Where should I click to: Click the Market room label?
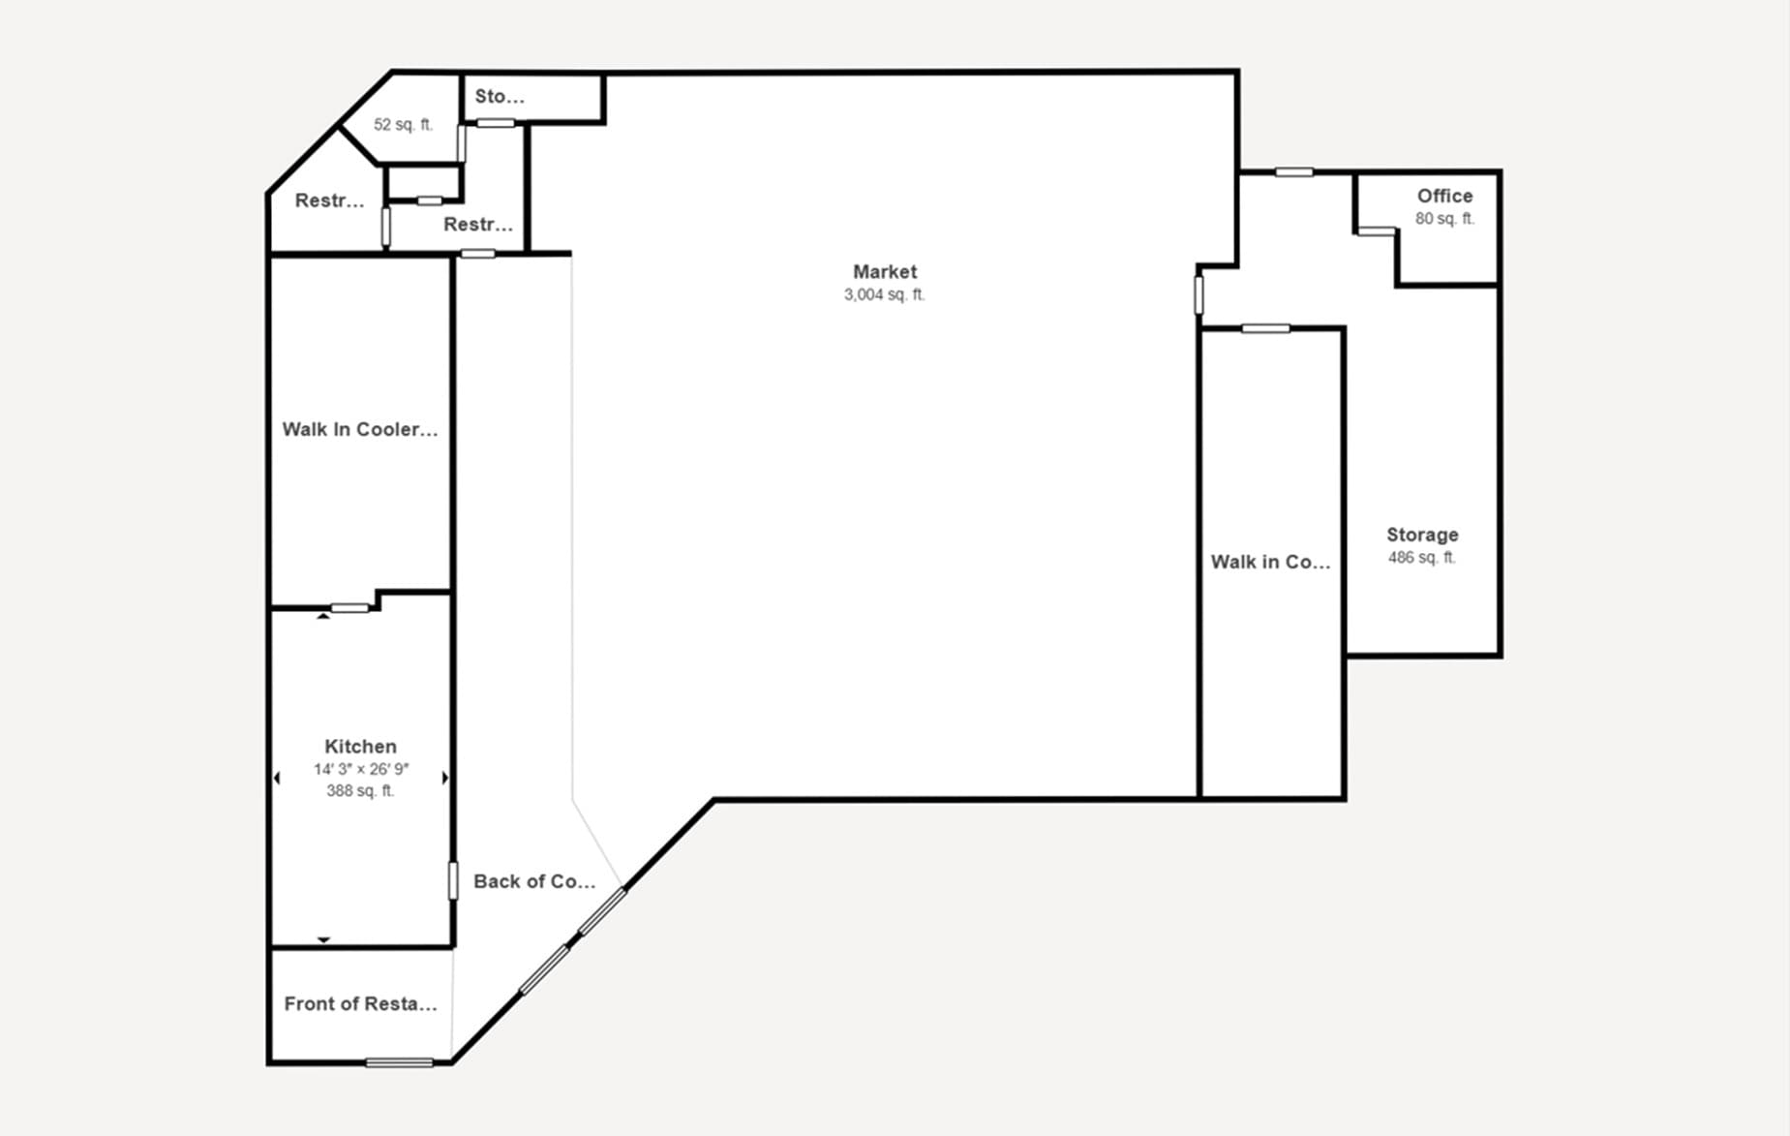click(884, 272)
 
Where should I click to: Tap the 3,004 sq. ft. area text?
click(884, 295)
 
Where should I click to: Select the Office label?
click(1444, 196)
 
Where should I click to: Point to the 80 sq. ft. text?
click(1444, 219)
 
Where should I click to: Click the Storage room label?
click(1421, 535)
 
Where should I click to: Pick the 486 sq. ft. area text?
click(1421, 558)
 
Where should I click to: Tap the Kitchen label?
click(360, 747)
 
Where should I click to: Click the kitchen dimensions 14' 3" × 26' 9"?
click(360, 770)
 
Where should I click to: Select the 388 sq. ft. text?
click(360, 791)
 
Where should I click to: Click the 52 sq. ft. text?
click(403, 125)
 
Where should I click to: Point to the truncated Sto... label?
click(500, 97)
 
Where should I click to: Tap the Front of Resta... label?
click(360, 1004)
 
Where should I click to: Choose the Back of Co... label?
click(533, 881)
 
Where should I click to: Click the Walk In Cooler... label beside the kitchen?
click(359, 429)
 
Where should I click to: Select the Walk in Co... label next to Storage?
click(1270, 562)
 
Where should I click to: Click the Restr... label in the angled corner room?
click(329, 200)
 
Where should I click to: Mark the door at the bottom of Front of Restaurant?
click(399, 1062)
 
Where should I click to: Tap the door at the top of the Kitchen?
click(349, 608)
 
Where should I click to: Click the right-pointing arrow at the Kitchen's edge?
click(445, 778)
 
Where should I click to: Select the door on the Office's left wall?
click(1376, 231)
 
